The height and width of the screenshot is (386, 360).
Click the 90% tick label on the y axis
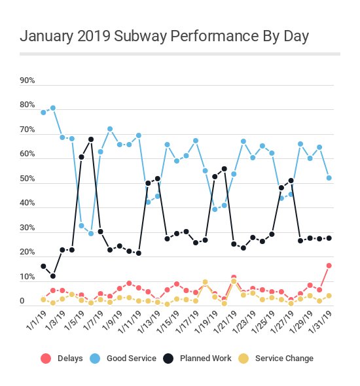(27, 81)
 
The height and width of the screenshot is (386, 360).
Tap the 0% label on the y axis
(22, 302)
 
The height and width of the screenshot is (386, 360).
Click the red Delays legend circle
(45, 358)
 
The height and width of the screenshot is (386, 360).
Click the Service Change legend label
(284, 358)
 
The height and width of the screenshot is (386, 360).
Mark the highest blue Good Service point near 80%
(52, 108)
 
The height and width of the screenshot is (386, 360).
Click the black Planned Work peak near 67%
(91, 139)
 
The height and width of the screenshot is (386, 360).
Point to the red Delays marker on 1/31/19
(329, 265)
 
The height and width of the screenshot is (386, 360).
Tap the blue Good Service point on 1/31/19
(329, 178)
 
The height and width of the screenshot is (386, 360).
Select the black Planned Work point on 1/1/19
(43, 266)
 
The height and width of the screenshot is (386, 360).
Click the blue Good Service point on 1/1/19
(43, 113)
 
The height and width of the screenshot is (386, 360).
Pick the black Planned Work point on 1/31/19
(329, 238)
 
